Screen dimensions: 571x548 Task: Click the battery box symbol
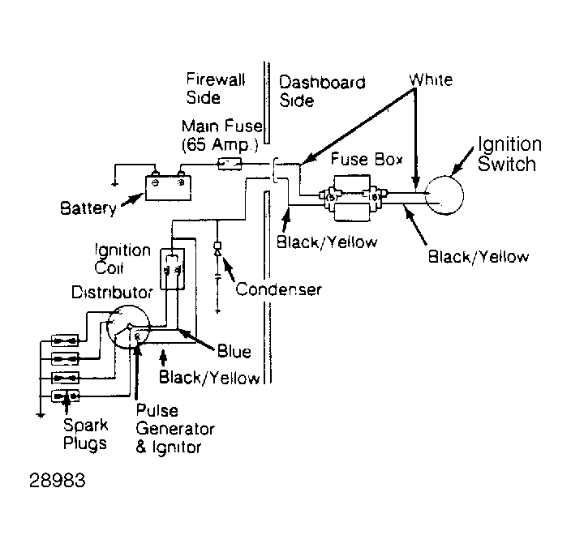pos(168,188)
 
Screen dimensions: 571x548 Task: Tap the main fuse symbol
pos(230,164)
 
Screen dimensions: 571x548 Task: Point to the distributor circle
pos(107,327)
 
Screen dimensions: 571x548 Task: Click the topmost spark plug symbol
pos(65,341)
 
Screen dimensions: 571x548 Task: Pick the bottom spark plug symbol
pos(65,396)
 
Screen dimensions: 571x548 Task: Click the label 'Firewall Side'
pos(215,88)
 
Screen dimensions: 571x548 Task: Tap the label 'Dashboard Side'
pos(322,91)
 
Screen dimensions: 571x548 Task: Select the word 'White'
pos(431,79)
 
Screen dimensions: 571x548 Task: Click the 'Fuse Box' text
pos(367,159)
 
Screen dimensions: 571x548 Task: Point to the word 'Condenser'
pos(278,289)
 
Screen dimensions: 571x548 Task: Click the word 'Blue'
pos(234,352)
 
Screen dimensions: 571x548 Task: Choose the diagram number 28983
pos(57,481)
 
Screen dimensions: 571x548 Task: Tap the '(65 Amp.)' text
pos(220,145)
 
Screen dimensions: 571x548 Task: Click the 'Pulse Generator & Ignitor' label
pos(175,429)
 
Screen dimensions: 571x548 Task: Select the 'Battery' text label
pos(88,208)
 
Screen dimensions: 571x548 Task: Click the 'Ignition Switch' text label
pos(509,154)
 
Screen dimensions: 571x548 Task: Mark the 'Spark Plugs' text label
pos(85,435)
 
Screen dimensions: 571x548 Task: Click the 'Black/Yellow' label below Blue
pos(209,378)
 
